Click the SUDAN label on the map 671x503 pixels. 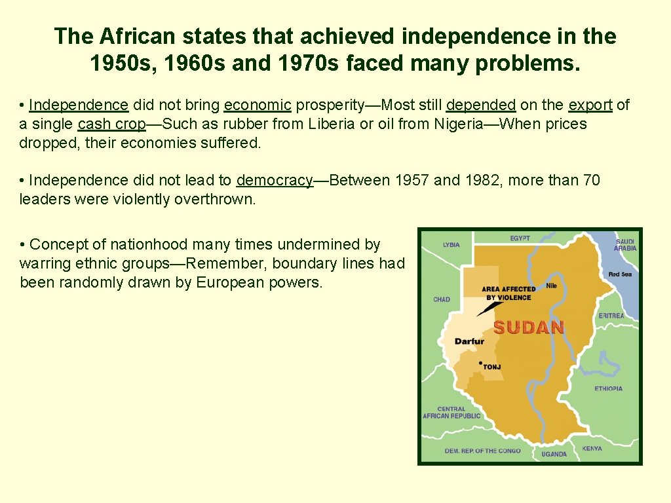coord(528,327)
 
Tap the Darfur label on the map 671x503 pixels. coord(469,341)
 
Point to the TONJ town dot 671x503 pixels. coord(481,363)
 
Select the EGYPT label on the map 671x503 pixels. coord(520,238)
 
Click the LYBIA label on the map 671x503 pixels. coord(451,245)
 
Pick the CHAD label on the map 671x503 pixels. coord(442,299)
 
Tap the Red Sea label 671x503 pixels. coord(619,274)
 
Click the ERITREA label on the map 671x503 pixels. coord(611,316)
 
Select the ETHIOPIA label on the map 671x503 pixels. coord(609,388)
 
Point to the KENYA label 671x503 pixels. coord(592,449)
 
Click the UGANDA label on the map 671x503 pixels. coord(554,454)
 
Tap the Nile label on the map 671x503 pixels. coord(551,285)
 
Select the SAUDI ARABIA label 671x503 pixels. coord(625,245)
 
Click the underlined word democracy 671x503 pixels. coord(275,180)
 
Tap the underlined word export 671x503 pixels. coord(590,105)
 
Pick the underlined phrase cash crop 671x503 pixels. coord(111,124)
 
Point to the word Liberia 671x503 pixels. coord(330,124)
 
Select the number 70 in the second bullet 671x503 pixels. coord(591,180)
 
